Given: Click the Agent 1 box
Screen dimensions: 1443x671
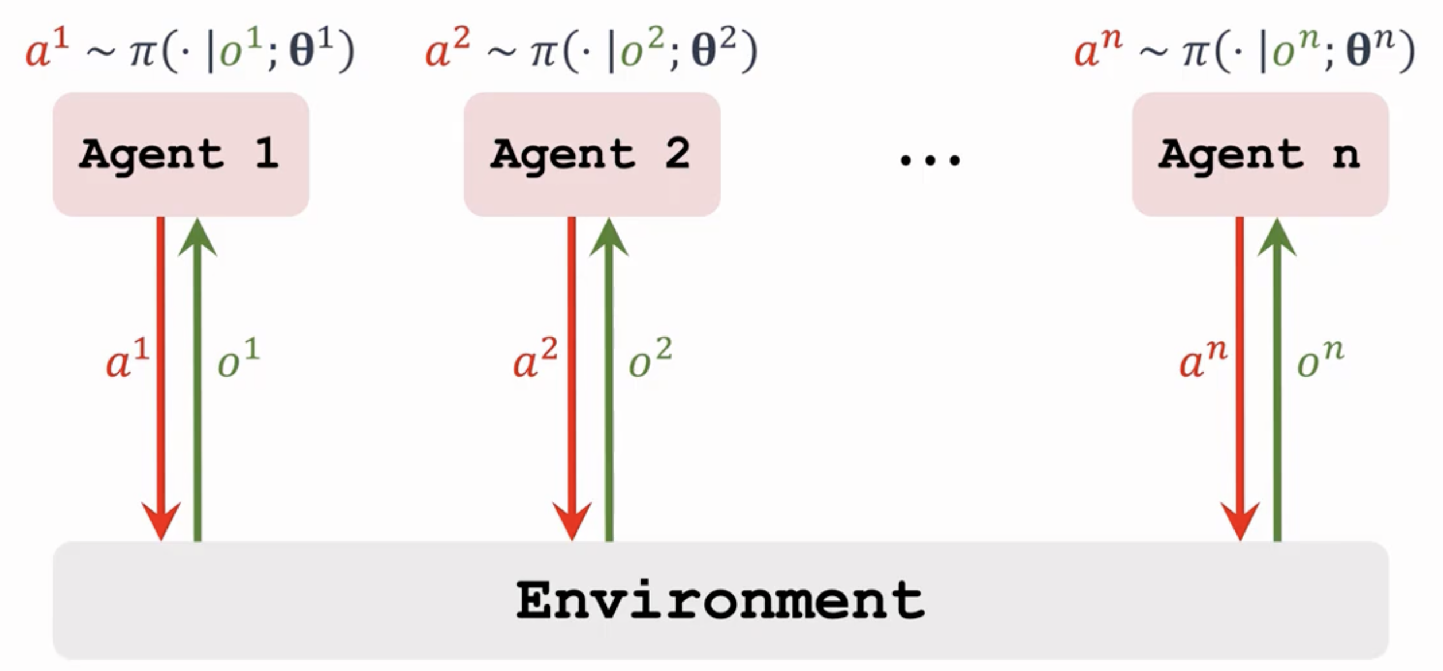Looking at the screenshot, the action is click(x=181, y=154).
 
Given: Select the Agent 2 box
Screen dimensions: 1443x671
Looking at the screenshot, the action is click(x=592, y=154).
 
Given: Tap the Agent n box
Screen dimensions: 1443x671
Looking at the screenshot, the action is click(x=1260, y=154).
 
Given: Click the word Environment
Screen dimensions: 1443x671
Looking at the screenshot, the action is click(x=720, y=600).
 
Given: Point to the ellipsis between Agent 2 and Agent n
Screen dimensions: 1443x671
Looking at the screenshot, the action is click(x=929, y=160).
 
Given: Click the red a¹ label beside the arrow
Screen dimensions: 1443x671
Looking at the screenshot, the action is click(x=127, y=359).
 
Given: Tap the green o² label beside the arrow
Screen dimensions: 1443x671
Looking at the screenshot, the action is click(x=650, y=359).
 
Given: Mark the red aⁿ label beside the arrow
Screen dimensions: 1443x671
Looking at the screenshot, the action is click(x=1202, y=359).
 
